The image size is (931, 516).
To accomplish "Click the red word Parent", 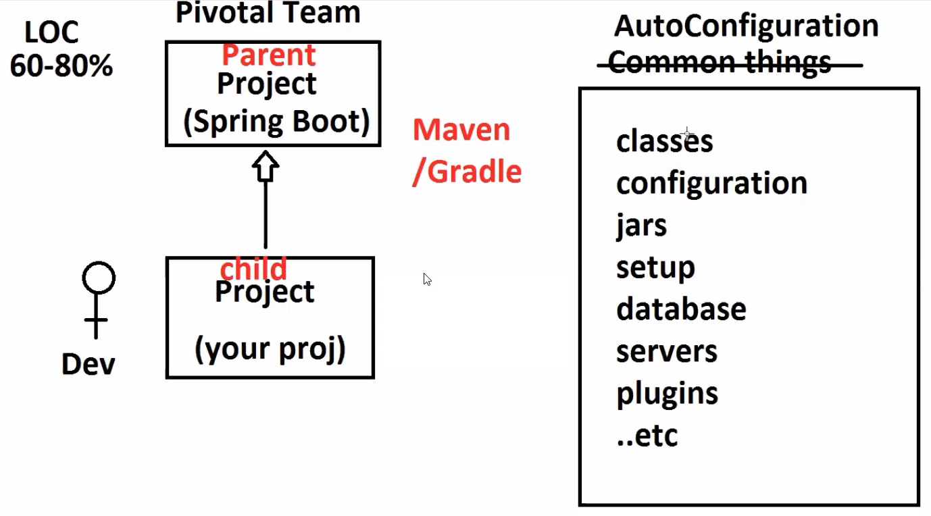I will click(268, 55).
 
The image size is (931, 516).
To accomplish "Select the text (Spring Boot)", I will click(276, 122).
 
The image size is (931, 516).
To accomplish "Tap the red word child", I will click(253, 269).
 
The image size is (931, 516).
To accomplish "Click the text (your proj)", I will click(270, 349).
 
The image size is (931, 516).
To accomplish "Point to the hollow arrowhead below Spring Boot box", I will click(266, 166).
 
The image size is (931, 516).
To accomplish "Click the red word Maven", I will click(461, 130).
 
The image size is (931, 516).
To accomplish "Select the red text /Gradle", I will click(467, 172).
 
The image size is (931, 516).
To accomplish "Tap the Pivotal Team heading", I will click(268, 13).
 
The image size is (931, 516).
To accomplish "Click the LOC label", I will click(51, 32).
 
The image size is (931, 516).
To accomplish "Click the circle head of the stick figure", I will click(99, 278).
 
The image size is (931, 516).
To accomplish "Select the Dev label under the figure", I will click(89, 365).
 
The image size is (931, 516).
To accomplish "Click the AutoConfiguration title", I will click(746, 26).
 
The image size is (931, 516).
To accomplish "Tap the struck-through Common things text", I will click(720, 63).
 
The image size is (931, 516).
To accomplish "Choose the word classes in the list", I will click(664, 142).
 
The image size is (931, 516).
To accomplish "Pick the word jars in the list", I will click(641, 226).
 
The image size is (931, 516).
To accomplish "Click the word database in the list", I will click(681, 309).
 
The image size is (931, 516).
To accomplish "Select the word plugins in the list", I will click(667, 394).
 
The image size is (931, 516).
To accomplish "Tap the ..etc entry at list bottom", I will click(647, 436).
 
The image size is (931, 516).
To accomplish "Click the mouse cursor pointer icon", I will click(427, 280).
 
